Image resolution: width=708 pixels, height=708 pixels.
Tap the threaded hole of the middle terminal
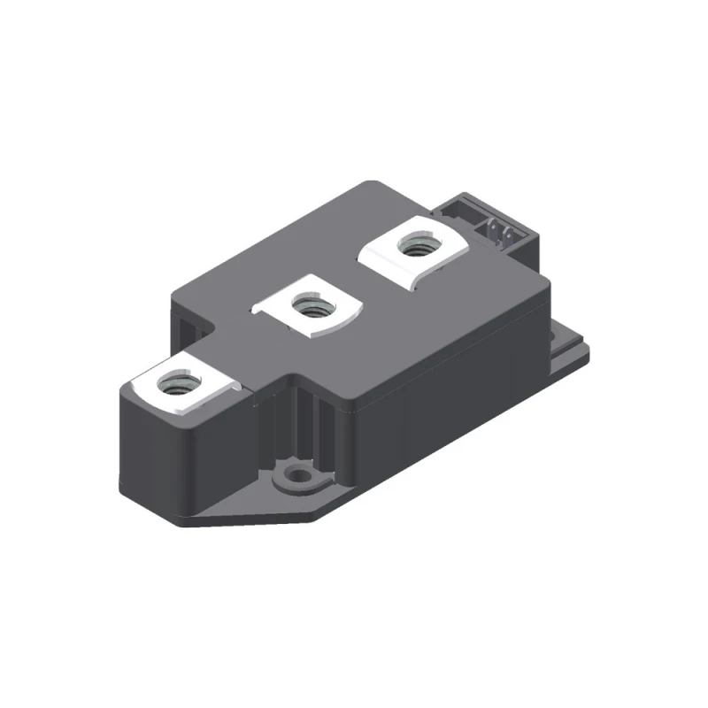[310, 307]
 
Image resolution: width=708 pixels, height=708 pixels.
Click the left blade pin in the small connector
[492, 232]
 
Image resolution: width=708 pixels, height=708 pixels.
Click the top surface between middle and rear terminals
[372, 274]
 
